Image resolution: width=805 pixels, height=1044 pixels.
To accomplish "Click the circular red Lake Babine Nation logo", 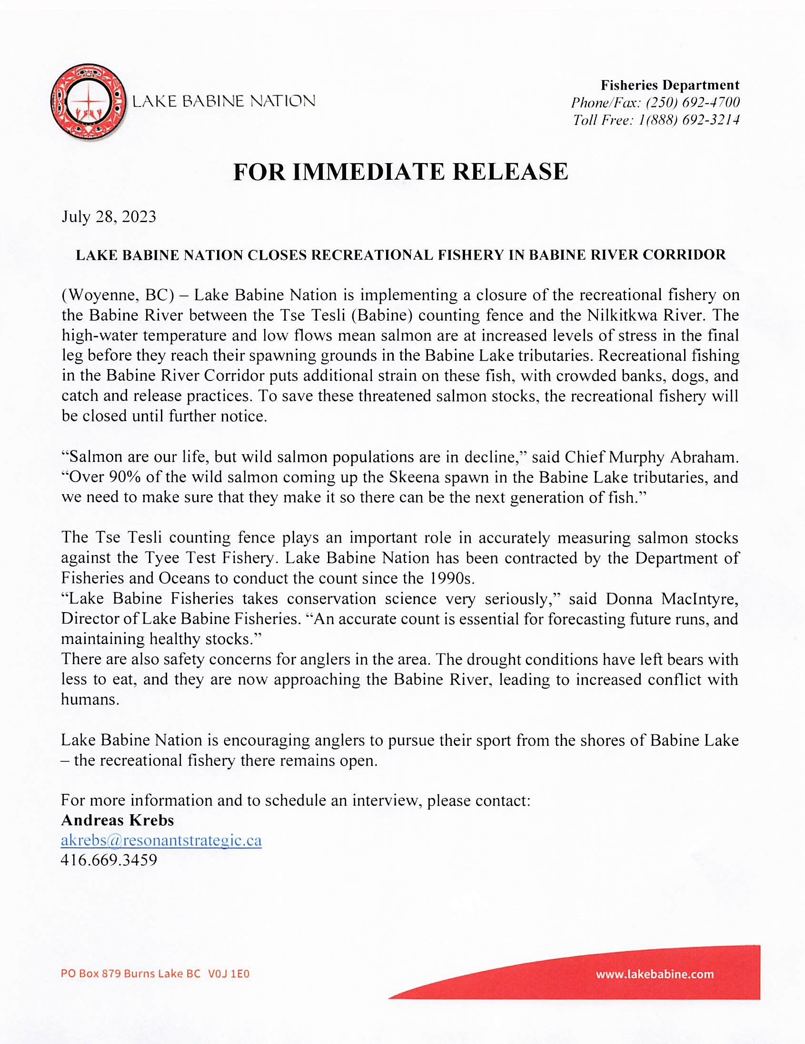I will [88, 101].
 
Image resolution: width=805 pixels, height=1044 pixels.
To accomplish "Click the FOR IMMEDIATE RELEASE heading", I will [400, 172].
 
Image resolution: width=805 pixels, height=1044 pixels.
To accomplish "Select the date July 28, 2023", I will [109, 217].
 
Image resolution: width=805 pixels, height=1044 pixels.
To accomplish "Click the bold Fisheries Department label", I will [670, 85].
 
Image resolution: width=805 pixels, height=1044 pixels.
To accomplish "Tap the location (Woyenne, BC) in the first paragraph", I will [117, 295].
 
